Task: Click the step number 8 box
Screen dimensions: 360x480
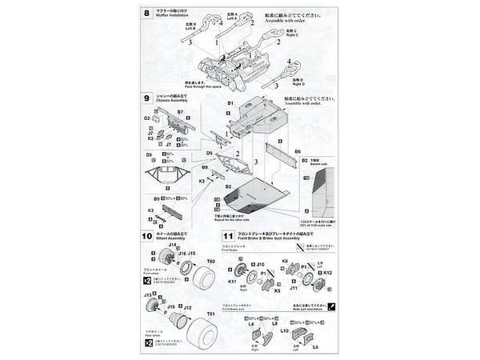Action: (x=146, y=14)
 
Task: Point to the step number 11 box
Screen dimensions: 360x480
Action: (x=229, y=236)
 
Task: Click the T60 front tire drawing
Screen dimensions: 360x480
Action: (x=203, y=279)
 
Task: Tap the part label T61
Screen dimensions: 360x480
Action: (x=212, y=314)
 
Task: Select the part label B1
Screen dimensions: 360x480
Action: (x=229, y=105)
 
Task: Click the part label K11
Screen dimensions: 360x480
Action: (x=233, y=281)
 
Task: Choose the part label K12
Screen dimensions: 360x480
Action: (x=327, y=273)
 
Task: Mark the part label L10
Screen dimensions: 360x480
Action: (x=285, y=330)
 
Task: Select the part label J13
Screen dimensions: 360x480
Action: (x=149, y=295)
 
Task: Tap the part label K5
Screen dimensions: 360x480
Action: (x=278, y=291)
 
